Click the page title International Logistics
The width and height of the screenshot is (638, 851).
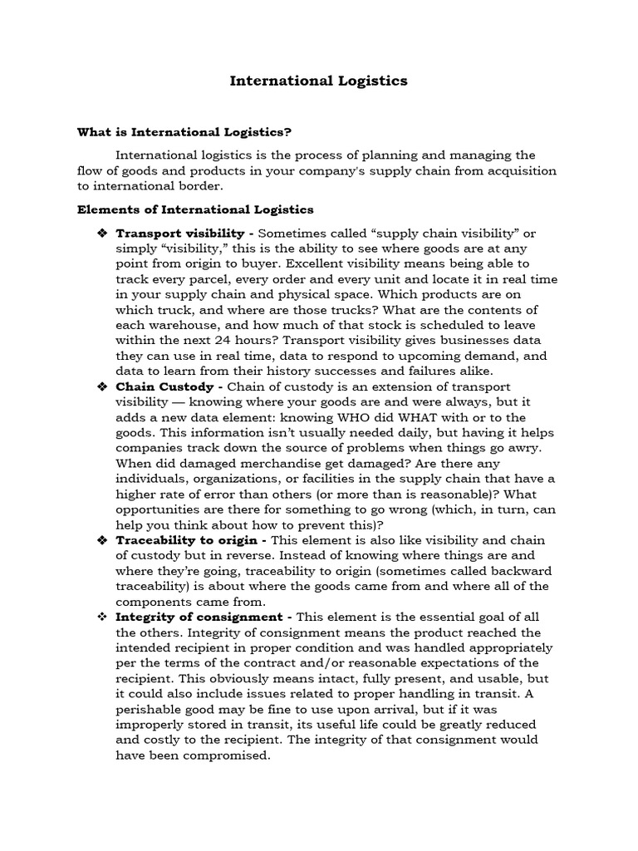(318, 81)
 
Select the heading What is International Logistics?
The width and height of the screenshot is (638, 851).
(184, 131)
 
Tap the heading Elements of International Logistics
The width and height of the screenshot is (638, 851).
(195, 209)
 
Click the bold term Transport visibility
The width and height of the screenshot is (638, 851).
(179, 233)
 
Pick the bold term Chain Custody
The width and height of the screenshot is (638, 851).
(164, 386)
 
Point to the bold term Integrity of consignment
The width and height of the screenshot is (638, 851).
(199, 617)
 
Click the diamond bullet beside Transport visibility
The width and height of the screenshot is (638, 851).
(103, 234)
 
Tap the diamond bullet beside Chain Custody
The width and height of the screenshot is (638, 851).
(103, 387)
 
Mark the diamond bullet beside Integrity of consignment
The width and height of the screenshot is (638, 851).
(103, 617)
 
